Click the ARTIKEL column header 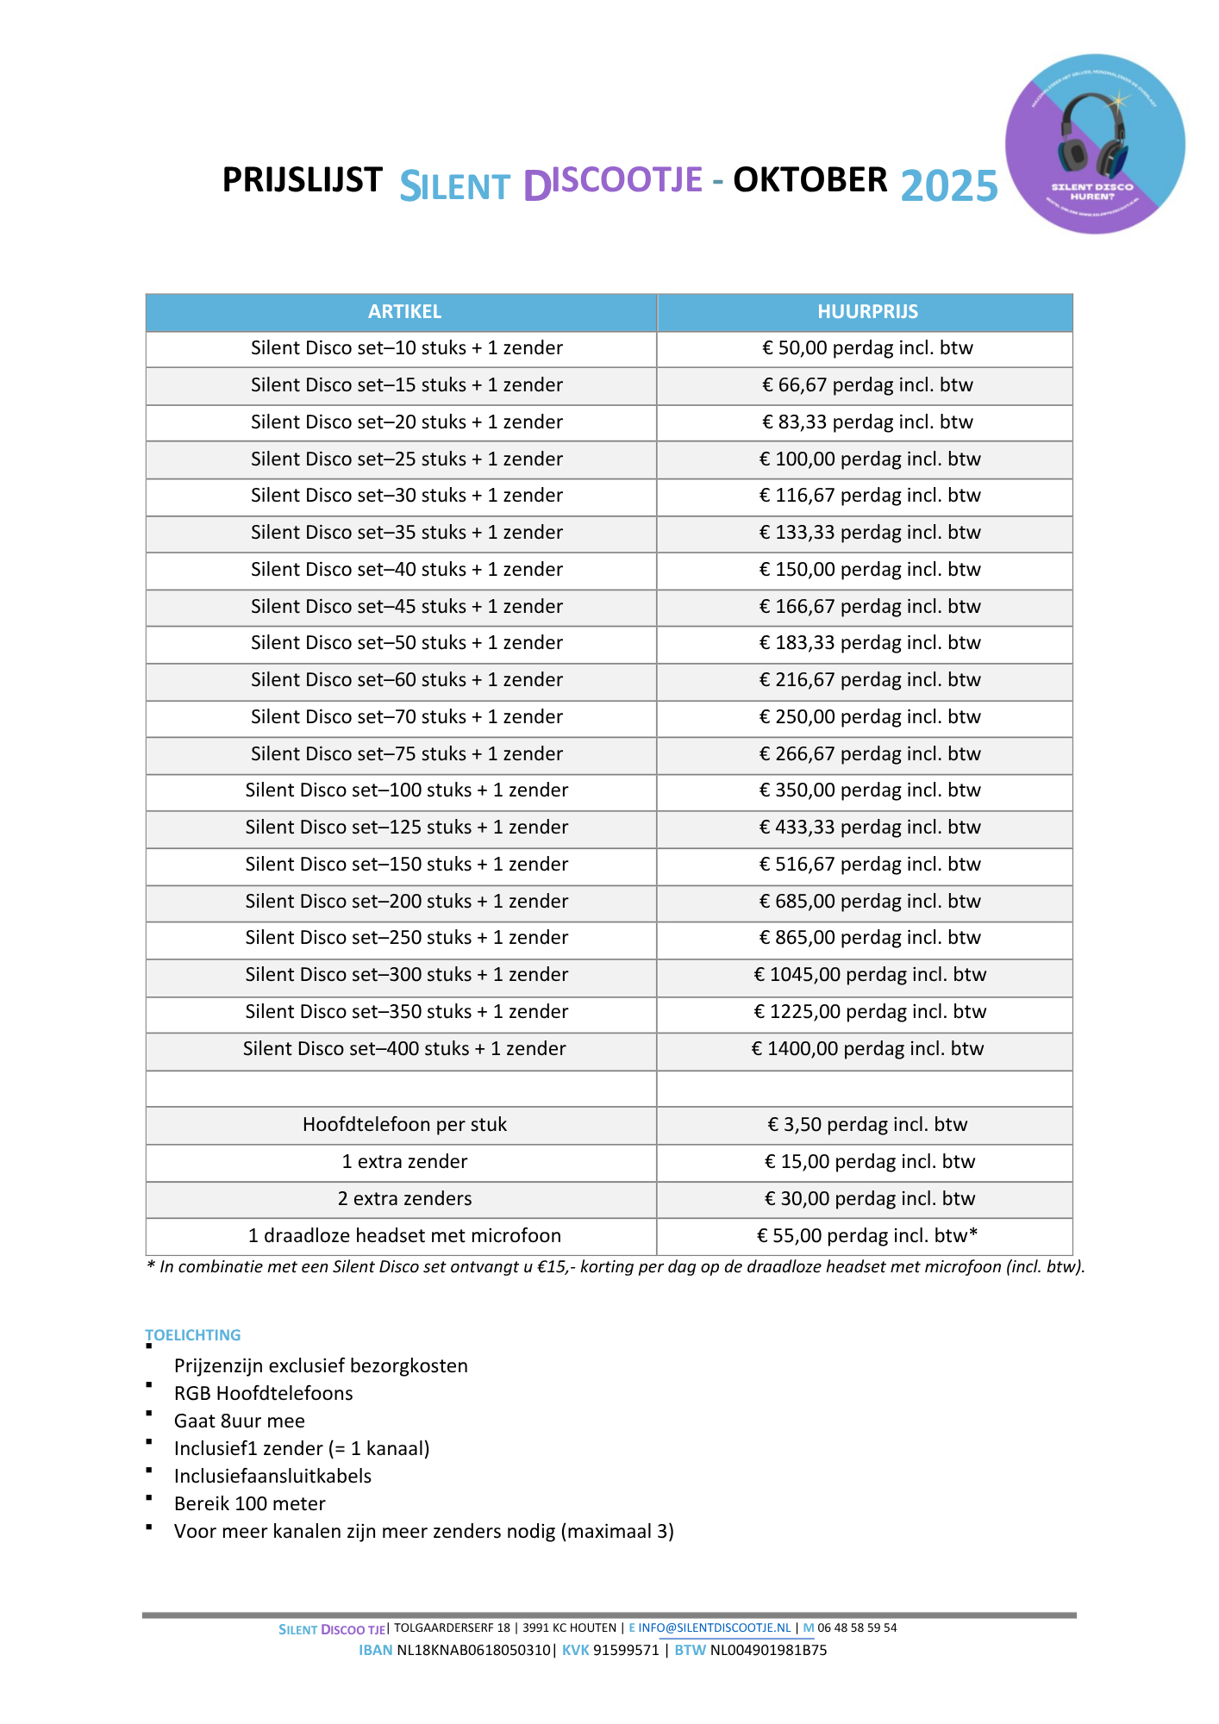pos(404,312)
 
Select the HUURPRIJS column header pos(867,312)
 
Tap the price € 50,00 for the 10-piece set pos(867,348)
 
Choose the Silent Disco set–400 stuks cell pos(404,1049)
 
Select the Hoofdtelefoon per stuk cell pos(404,1125)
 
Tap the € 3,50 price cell pos(867,1125)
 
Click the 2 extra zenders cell pos(404,1199)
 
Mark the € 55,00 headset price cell pos(867,1236)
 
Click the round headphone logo pos(1095,144)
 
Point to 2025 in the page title pos(949,186)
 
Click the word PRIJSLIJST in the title pos(302,180)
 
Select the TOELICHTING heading pos(193,1335)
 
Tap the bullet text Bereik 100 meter pos(250,1504)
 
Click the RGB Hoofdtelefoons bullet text pos(264,1394)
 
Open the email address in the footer pos(714,1628)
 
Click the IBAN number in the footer pos(473,1651)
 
